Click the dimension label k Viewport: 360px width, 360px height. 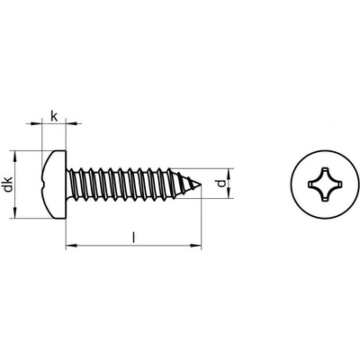click(x=54, y=116)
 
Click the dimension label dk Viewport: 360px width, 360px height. click(x=8, y=184)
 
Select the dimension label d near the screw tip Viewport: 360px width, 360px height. click(x=221, y=184)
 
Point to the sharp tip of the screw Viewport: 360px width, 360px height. click(x=201, y=184)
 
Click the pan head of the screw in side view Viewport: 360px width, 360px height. click(x=53, y=184)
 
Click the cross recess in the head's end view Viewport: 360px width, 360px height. click(x=325, y=184)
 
